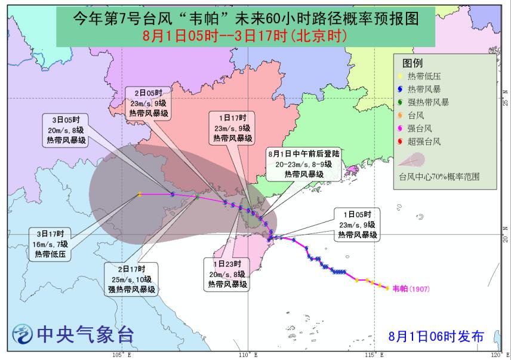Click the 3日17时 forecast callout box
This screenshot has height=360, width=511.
click(x=53, y=243)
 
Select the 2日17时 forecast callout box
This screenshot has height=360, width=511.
click(x=133, y=279)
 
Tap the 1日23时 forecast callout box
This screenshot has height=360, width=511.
click(x=226, y=275)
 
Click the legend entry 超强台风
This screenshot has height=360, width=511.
click(x=423, y=141)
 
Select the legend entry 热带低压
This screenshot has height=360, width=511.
click(x=423, y=76)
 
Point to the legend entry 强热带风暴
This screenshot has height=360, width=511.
click(x=427, y=102)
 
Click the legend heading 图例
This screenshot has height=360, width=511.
click(x=413, y=62)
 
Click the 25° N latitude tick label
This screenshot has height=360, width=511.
click(x=505, y=98)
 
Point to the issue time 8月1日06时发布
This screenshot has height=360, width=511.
click(x=435, y=335)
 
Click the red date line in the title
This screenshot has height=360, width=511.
click(x=244, y=36)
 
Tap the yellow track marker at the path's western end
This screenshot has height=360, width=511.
click(x=140, y=194)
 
